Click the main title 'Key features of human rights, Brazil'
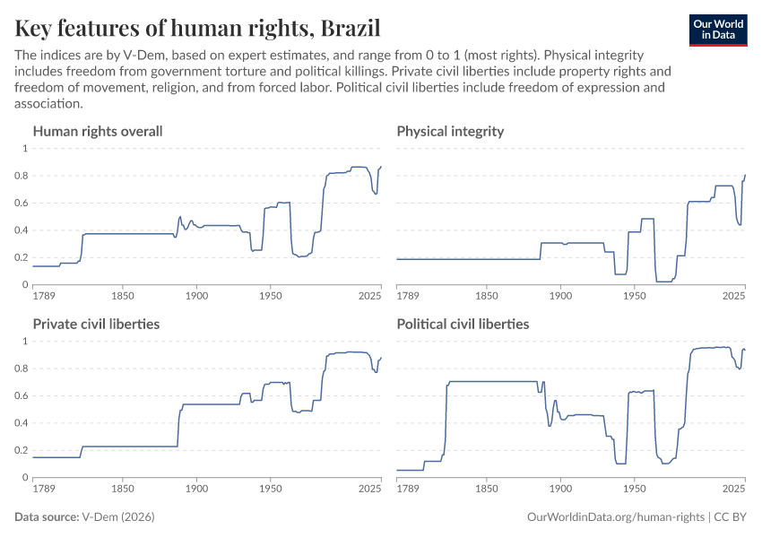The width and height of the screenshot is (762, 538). (197, 28)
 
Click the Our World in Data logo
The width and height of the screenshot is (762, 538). (717, 29)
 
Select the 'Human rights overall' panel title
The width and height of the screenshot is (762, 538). (98, 132)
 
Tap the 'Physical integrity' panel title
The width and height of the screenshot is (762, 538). (450, 132)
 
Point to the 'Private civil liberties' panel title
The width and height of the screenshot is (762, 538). (96, 324)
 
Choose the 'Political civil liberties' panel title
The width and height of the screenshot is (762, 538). (463, 324)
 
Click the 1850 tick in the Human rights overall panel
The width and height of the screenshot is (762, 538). (123, 296)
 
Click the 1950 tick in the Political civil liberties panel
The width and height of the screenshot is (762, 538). (634, 489)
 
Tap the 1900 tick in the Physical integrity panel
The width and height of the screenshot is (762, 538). (560, 296)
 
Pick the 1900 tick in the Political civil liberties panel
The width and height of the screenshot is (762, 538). (560, 489)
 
